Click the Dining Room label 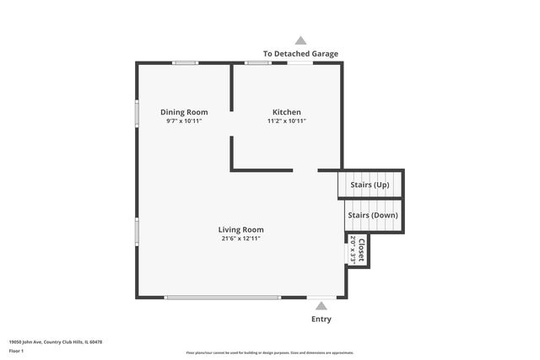pyautogui.click(x=184, y=112)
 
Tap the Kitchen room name pyautogui.click(x=286, y=112)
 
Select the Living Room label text pyautogui.click(x=240, y=229)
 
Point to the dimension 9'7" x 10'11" pyautogui.click(x=184, y=121)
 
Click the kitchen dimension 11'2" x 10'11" pyautogui.click(x=286, y=121)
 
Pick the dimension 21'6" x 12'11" pyautogui.click(x=240, y=239)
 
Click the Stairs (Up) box pyautogui.click(x=370, y=185)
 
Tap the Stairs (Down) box pyautogui.click(x=372, y=215)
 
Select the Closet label pyautogui.click(x=360, y=250)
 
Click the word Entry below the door pyautogui.click(x=321, y=320)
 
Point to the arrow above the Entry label pyautogui.click(x=321, y=307)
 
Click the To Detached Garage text pyautogui.click(x=300, y=54)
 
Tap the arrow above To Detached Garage pyautogui.click(x=300, y=40)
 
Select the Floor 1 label pyautogui.click(x=16, y=350)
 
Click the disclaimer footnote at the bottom pyautogui.click(x=269, y=352)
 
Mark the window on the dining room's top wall pyautogui.click(x=186, y=62)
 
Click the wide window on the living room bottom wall pyautogui.click(x=222, y=298)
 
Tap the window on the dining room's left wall pyautogui.click(x=137, y=114)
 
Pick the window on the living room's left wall pyautogui.click(x=137, y=231)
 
